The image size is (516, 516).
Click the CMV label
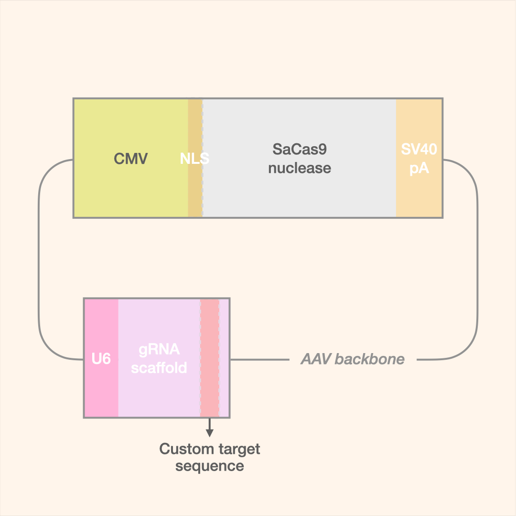pos(131,159)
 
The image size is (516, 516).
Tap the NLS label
pos(194,159)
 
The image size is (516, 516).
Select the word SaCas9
pos(300,149)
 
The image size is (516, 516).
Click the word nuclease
pos(300,168)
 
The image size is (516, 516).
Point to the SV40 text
pos(419,149)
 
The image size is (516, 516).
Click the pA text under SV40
pos(419,168)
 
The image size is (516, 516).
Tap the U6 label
pos(101,359)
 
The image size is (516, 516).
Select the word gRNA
pos(159,350)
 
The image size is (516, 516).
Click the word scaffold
pos(159,368)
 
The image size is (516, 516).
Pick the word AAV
pos(317,359)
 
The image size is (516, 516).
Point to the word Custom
pos(184,449)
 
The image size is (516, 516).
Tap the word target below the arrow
pos(238,449)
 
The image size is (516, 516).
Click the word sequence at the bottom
pos(210,466)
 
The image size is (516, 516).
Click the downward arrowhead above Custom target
pos(209,433)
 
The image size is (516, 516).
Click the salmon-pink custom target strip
pos(210,382)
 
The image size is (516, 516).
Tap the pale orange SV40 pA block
pos(419,196)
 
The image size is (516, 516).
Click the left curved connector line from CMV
pos(39,258)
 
